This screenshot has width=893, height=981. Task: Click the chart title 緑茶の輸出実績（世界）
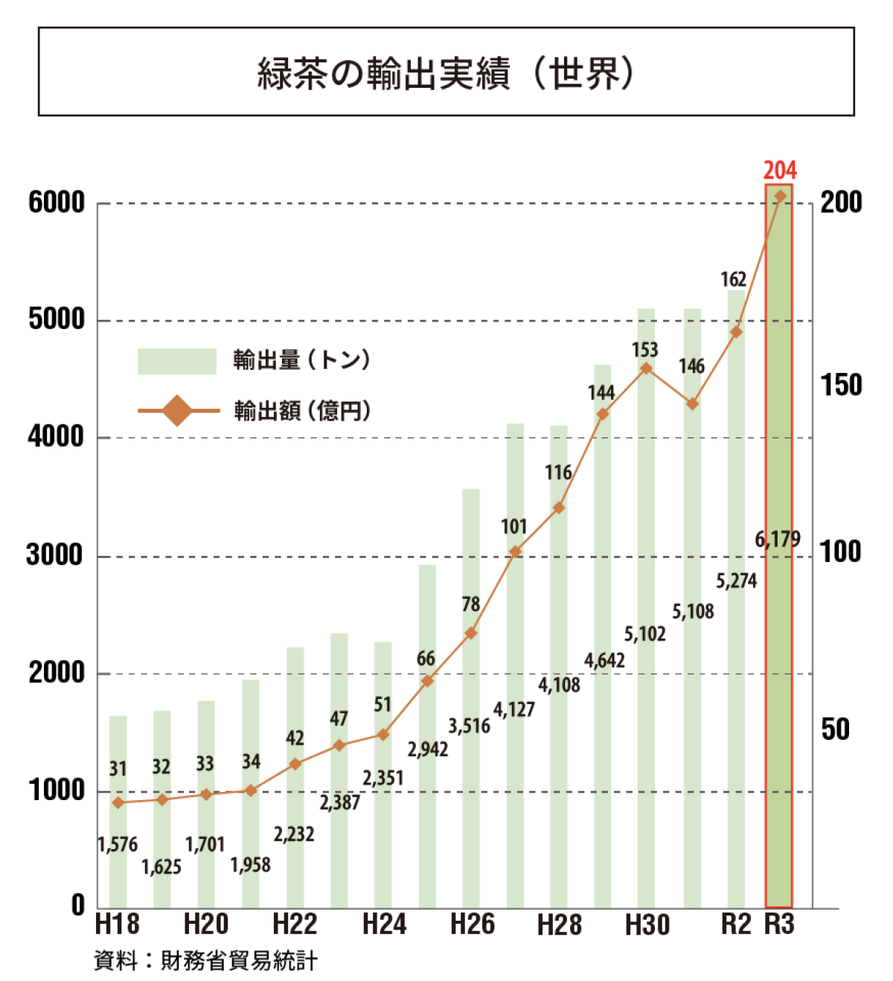click(446, 73)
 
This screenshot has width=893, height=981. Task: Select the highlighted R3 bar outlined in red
click(779, 670)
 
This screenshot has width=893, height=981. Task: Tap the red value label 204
click(779, 170)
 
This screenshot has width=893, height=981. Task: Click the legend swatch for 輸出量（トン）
click(176, 361)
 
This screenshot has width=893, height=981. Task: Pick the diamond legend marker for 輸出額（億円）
click(177, 410)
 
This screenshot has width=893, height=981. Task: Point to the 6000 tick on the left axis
click(57, 202)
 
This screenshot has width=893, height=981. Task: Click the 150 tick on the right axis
click(841, 385)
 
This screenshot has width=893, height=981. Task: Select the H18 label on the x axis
click(118, 924)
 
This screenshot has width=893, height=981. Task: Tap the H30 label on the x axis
click(647, 924)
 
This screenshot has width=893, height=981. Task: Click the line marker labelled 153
click(646, 368)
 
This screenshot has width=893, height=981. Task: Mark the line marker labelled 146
click(692, 404)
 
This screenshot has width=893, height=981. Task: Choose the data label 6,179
click(778, 539)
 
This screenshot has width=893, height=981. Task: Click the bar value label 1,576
click(118, 845)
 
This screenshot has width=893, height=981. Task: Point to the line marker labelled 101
click(515, 552)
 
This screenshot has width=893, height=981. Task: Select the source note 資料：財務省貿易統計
click(206, 961)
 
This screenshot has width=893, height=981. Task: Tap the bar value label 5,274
click(736, 581)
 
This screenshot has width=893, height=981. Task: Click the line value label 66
click(426, 659)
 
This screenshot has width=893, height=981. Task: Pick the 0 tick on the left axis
click(78, 906)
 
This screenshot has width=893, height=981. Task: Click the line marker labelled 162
click(736, 332)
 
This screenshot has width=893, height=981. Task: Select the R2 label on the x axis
click(736, 924)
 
